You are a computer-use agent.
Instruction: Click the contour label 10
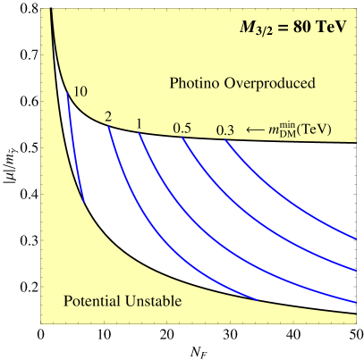tap(80, 91)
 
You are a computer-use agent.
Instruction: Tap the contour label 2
tap(108, 117)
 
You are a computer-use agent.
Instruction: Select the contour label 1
tap(140, 122)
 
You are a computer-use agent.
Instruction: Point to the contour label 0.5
tap(182, 128)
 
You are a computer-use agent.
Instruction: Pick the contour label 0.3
tap(225, 130)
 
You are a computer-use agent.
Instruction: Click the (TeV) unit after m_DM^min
tap(317, 130)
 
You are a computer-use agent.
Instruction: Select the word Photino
tap(193, 84)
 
